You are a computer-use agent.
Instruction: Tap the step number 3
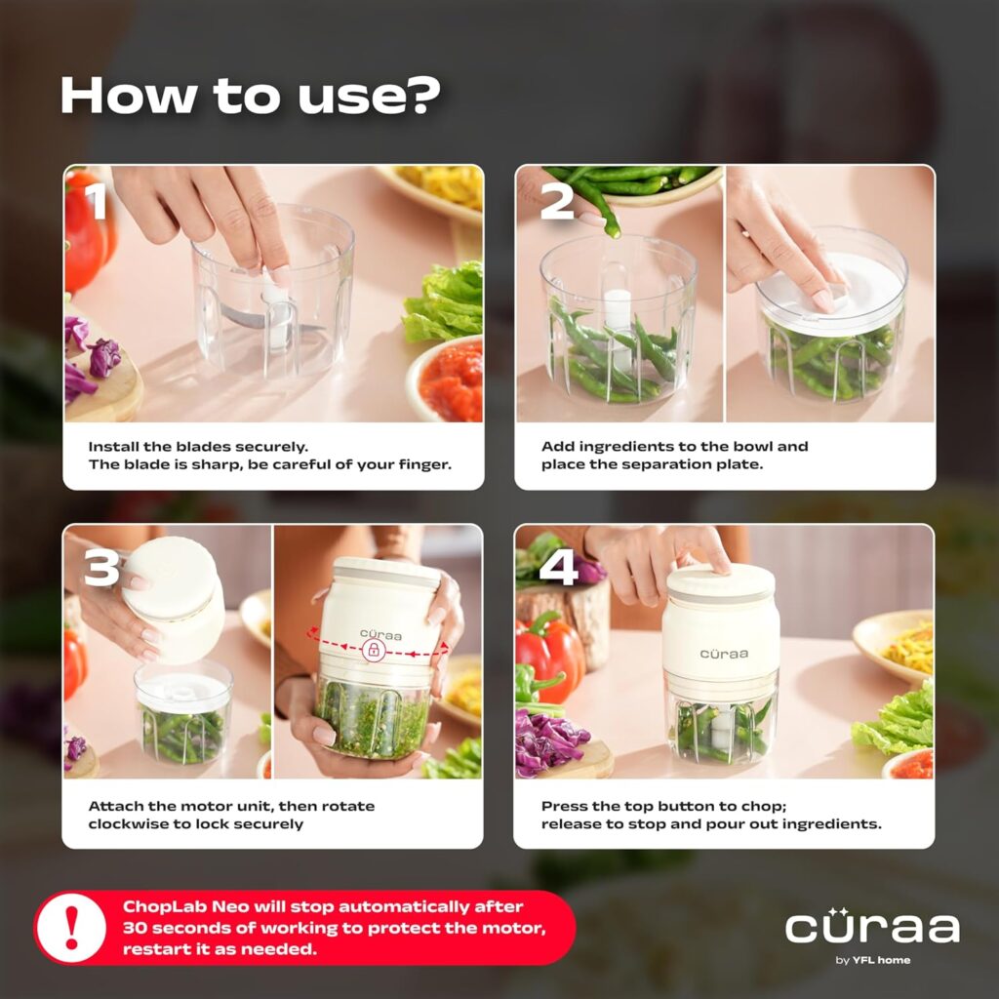(x=101, y=567)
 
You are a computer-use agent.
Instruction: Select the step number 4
(x=558, y=567)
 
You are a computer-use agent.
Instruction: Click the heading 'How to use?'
(x=250, y=96)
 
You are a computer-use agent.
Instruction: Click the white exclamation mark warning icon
(x=71, y=928)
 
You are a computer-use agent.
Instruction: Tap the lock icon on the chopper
(x=372, y=651)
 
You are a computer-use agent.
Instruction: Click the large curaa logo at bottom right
(x=872, y=926)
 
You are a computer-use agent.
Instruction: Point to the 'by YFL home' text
(x=872, y=960)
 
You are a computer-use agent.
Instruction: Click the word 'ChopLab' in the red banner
(x=159, y=906)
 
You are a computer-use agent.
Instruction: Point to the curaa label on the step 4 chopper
(x=723, y=654)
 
